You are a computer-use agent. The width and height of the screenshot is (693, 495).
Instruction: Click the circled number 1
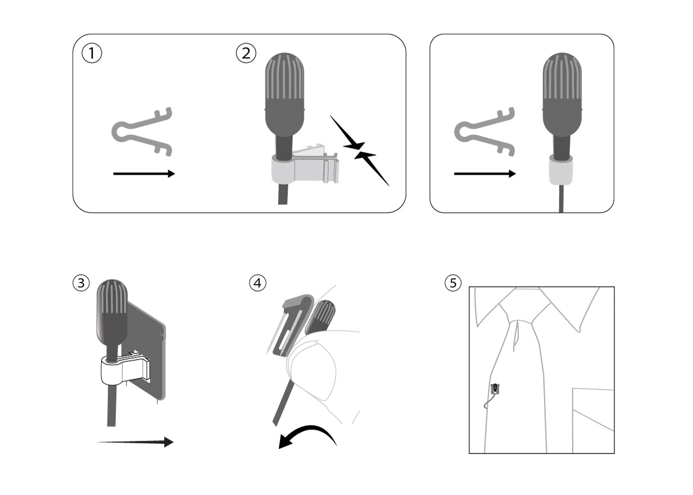[x=92, y=53]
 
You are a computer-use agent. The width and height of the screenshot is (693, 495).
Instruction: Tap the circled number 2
[x=246, y=53]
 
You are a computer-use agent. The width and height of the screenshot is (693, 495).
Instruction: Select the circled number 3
[x=81, y=283]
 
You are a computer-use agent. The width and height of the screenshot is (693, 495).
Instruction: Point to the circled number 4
[x=257, y=283]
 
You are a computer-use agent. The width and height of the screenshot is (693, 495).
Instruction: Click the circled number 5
[x=453, y=283]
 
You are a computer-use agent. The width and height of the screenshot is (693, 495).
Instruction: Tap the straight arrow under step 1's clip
[x=144, y=174]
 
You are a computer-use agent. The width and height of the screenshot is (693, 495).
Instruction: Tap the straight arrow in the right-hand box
[x=485, y=174]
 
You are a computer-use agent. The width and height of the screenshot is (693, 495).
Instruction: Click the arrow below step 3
[x=135, y=442]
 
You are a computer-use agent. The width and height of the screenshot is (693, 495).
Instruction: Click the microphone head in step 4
[x=320, y=317]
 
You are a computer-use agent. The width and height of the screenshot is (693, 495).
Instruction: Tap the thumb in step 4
[x=312, y=376]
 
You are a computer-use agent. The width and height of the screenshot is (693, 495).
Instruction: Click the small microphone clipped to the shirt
[x=495, y=389]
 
